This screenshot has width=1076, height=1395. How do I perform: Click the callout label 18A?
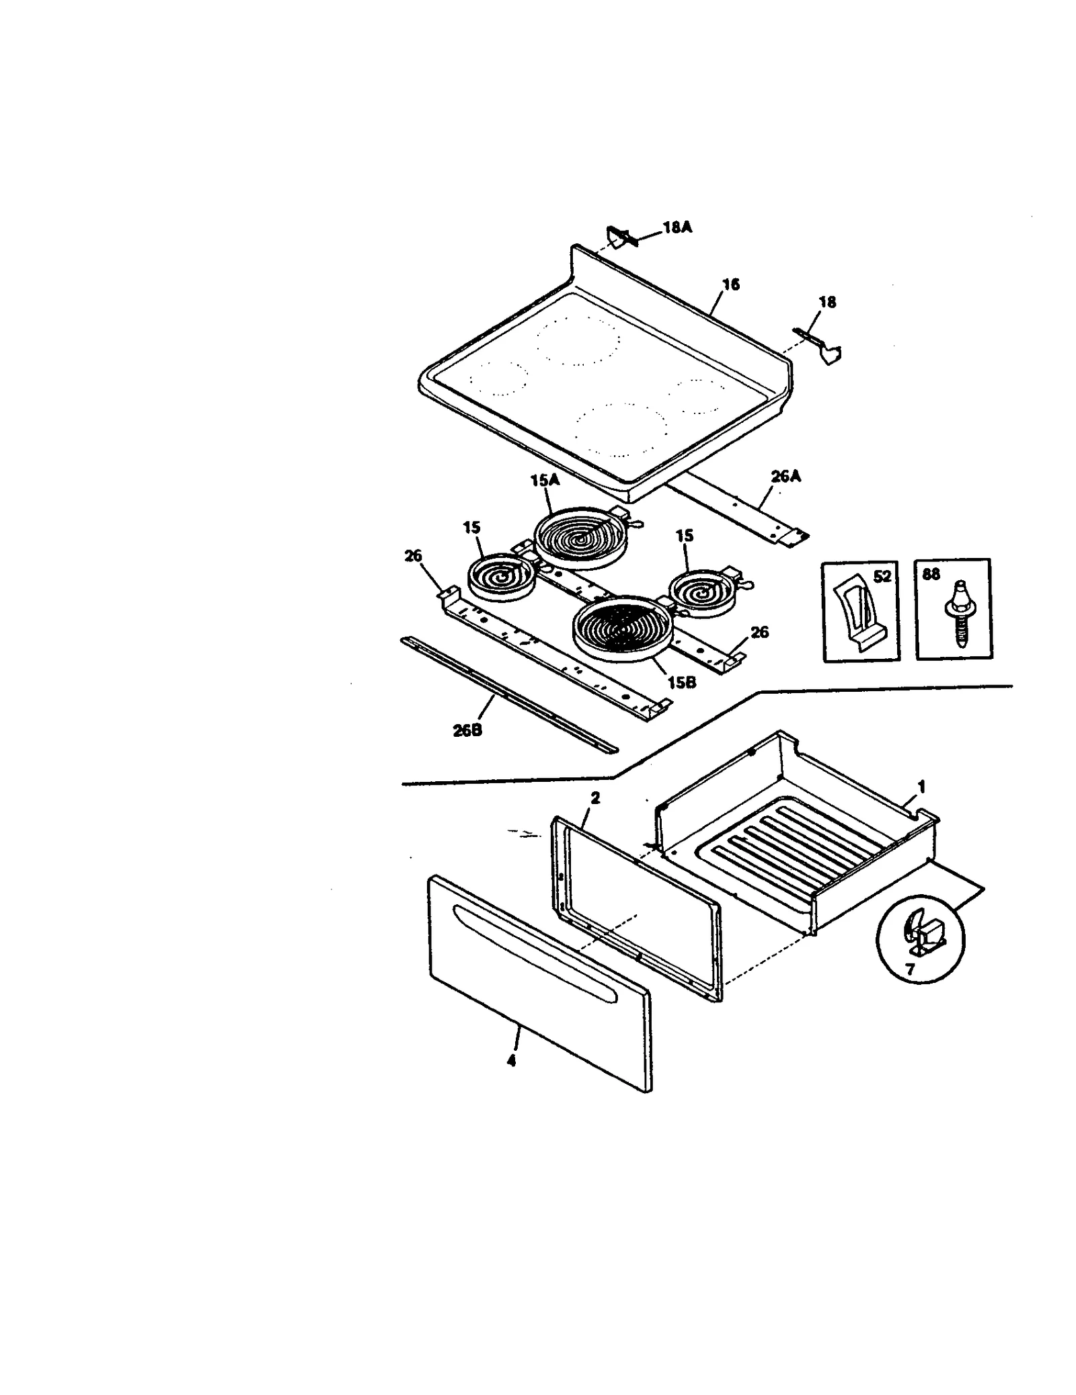tap(677, 227)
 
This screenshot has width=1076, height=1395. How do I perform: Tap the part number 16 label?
tap(730, 284)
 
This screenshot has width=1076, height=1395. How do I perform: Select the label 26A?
tap(785, 477)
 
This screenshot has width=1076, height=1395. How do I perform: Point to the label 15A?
tap(545, 481)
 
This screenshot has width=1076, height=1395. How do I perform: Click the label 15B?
tap(681, 682)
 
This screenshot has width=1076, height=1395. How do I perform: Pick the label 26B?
tap(467, 730)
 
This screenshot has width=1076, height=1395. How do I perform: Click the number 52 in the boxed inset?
tap(882, 576)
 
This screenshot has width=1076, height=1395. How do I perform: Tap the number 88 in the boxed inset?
tap(931, 575)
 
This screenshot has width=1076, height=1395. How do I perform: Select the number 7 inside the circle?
tap(910, 970)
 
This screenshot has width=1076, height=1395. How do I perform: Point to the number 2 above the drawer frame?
tap(594, 798)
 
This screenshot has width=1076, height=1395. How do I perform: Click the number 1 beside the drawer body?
tap(921, 786)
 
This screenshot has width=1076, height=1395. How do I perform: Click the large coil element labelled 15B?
tap(619, 628)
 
